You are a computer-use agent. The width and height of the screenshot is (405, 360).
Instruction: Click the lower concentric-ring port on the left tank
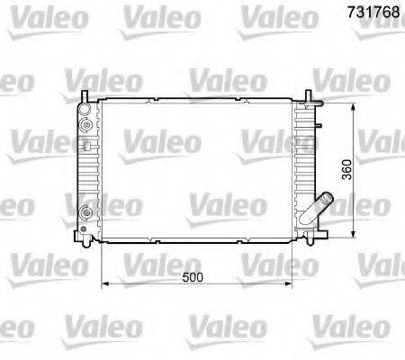pyautogui.click(x=86, y=213)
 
